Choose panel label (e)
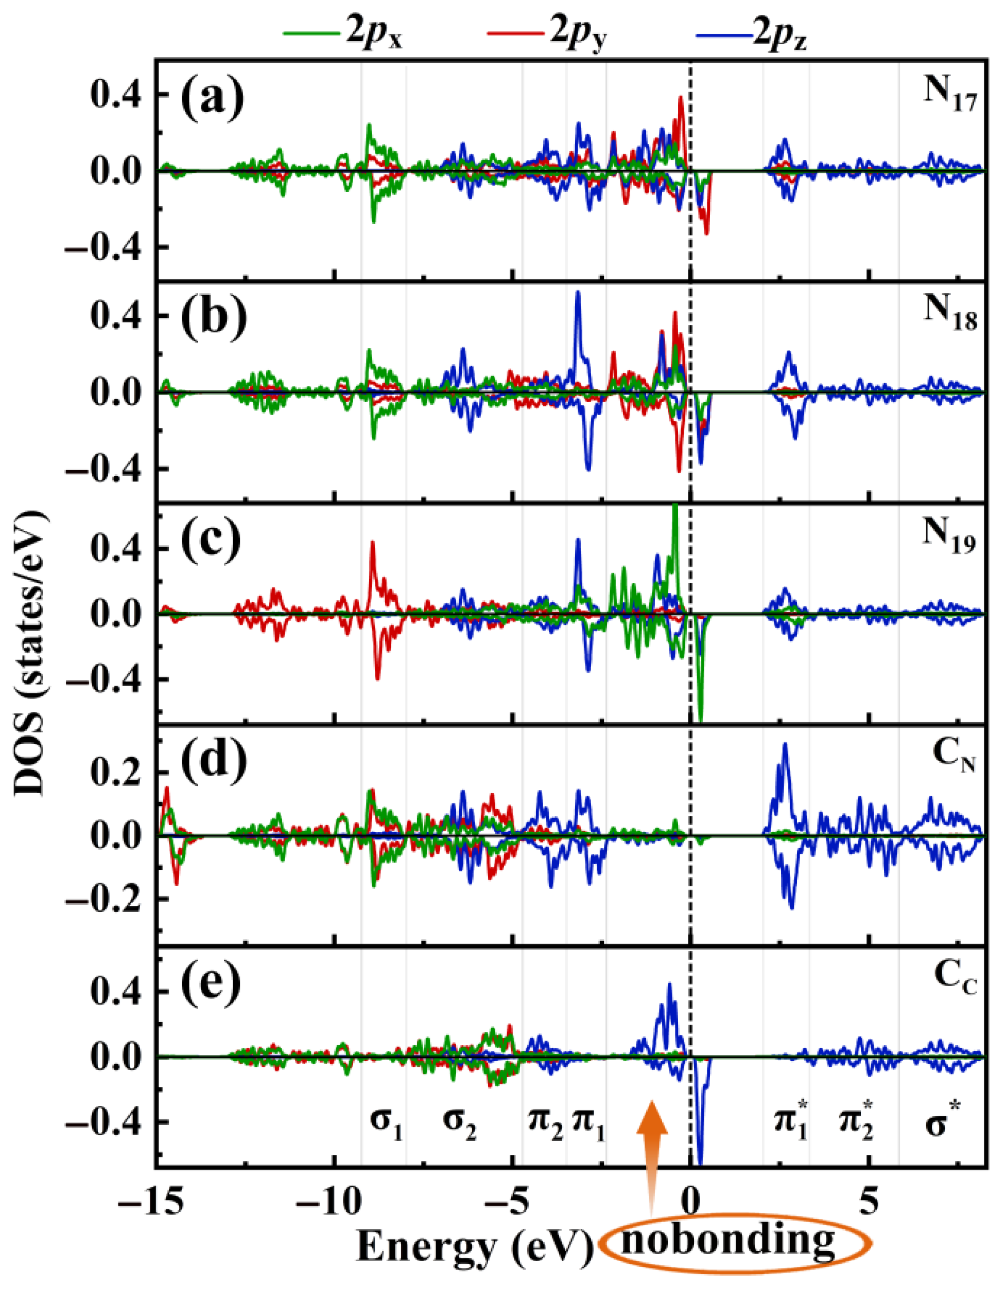tap(212, 982)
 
